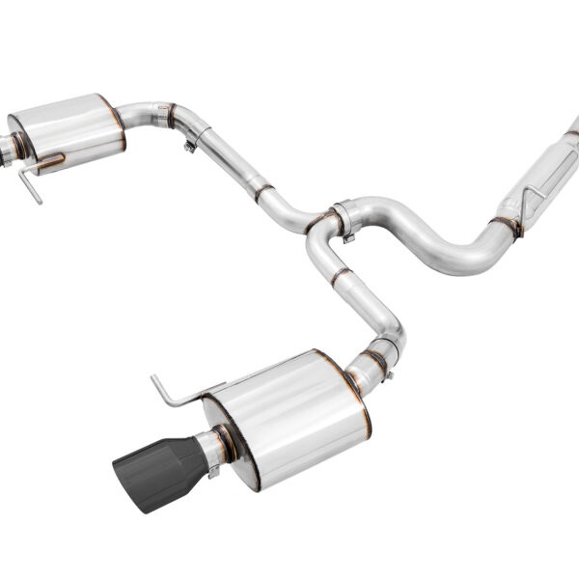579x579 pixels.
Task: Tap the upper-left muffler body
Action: point(68,131)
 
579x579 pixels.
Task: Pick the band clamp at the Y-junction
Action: point(344,220)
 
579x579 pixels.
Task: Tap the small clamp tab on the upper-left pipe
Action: point(190,145)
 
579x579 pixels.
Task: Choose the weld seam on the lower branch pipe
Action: point(340,278)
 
